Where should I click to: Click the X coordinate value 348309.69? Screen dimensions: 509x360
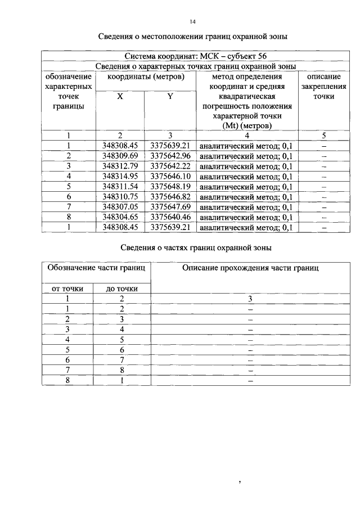click(120, 156)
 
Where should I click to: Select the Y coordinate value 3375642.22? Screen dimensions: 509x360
click(170, 166)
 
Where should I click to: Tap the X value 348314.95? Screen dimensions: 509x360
click(120, 176)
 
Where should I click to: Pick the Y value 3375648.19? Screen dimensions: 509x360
click(170, 186)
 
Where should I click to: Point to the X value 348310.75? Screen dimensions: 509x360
click(120, 196)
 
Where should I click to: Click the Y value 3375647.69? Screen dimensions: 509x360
click(170, 206)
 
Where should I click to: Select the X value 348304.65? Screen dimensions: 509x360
click(120, 217)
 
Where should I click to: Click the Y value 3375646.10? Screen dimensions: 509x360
click(170, 176)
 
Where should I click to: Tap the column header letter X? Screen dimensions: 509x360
click(120, 96)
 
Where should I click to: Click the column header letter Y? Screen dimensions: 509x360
click(170, 96)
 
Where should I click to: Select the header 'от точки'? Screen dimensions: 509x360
click(67, 289)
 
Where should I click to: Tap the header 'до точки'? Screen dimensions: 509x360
click(121, 289)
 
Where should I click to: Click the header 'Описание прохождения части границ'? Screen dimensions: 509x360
click(250, 268)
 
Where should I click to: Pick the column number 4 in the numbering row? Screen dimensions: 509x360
click(246, 136)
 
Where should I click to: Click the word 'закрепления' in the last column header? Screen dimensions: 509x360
click(323, 87)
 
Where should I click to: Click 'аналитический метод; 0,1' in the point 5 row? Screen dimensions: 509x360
click(246, 186)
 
